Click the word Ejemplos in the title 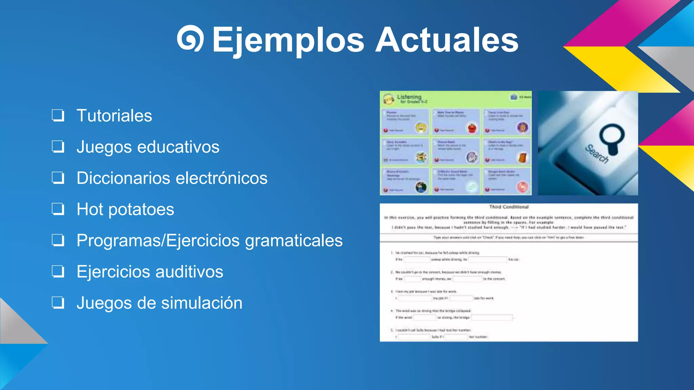click(x=288, y=41)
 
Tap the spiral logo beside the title click(x=190, y=38)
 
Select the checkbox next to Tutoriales click(x=58, y=115)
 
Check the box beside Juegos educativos click(x=58, y=147)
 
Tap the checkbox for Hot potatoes click(x=58, y=209)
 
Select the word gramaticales click(x=294, y=241)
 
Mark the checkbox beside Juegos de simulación click(x=58, y=303)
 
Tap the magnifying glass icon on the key click(x=612, y=137)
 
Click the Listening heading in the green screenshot click(x=409, y=97)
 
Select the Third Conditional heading click(x=509, y=207)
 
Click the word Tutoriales click(x=114, y=116)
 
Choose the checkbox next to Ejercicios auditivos click(x=58, y=272)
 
